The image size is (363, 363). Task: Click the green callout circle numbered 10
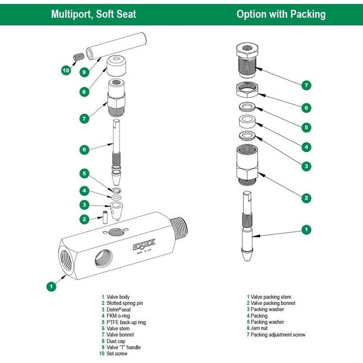coord(66,70)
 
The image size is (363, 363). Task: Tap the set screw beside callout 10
coord(79,56)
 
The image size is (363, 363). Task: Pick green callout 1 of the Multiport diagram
coord(51,286)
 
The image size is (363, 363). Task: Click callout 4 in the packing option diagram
coord(306,147)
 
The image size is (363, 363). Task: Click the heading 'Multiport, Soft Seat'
coord(93,14)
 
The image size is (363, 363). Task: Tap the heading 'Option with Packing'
coord(281,14)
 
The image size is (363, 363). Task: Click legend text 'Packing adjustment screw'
coord(278,335)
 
